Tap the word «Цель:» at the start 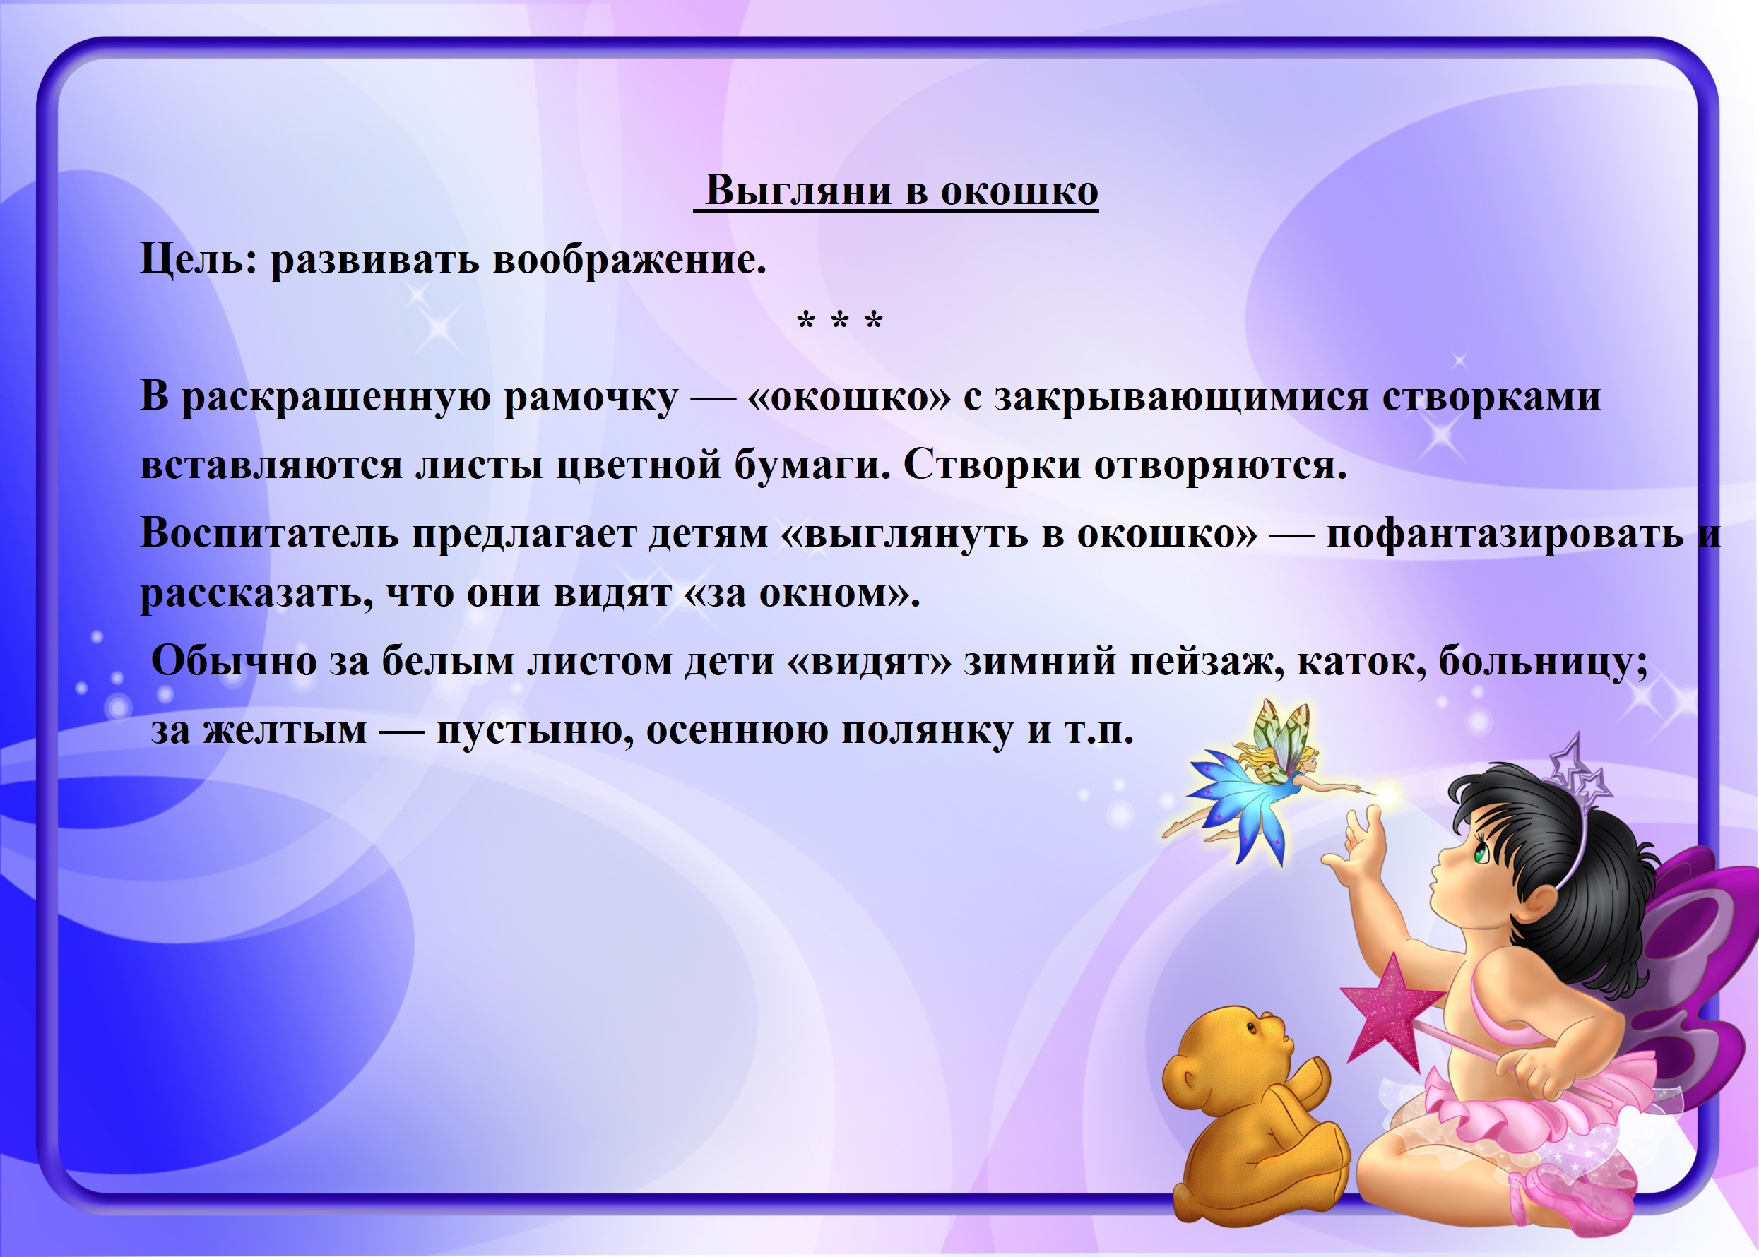(x=197, y=259)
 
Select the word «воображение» (x=629, y=259)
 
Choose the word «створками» (x=1491, y=396)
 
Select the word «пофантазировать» (x=1505, y=534)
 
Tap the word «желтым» (x=285, y=730)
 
